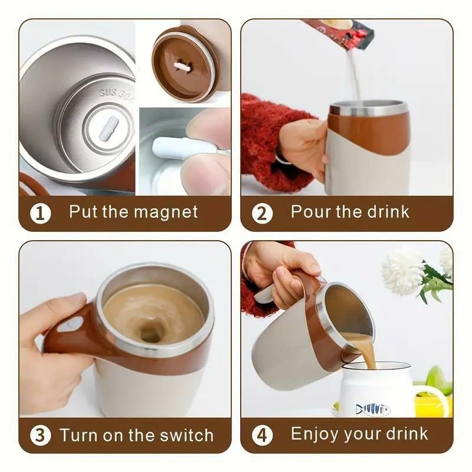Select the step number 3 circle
40,436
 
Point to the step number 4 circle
262,435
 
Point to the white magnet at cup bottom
109,129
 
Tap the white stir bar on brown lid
182,67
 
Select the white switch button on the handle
71,324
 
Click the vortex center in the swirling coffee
152,334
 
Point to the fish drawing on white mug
373,409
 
